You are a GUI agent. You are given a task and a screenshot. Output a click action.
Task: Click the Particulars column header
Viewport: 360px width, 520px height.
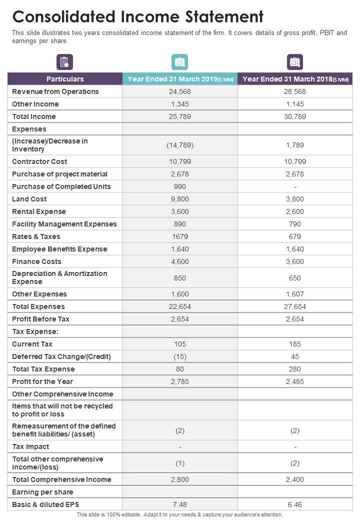point(65,79)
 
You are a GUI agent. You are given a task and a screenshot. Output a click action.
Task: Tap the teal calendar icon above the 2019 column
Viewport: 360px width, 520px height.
point(180,62)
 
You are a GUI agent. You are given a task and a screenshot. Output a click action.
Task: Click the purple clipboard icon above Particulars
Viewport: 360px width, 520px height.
point(65,62)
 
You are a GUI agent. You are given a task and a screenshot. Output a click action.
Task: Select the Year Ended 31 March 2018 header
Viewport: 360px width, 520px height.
point(295,79)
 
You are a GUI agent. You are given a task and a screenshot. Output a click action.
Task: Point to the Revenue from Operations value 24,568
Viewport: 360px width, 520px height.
point(180,91)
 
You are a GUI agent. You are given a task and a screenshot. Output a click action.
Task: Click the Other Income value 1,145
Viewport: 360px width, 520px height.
point(295,104)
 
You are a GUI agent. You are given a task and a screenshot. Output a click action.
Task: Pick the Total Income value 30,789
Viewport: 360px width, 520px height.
point(295,116)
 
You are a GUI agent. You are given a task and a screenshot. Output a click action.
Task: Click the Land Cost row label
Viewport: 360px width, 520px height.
point(29,199)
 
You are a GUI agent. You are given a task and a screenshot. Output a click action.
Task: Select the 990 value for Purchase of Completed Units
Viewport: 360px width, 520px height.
point(180,186)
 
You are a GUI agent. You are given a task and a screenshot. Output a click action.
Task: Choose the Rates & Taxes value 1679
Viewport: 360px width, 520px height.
point(180,236)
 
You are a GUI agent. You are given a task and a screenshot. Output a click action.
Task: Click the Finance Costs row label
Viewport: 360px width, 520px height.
point(36,261)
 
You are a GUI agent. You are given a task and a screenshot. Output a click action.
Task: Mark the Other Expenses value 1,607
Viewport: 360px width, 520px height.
point(295,294)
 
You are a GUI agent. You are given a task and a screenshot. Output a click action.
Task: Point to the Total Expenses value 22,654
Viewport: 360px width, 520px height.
point(180,306)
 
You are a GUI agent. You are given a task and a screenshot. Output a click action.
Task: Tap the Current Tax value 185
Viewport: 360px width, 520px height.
point(295,344)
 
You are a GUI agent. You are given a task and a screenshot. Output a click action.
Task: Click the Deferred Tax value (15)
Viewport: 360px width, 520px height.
point(180,356)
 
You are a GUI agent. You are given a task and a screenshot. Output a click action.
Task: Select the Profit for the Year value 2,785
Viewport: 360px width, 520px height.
point(180,381)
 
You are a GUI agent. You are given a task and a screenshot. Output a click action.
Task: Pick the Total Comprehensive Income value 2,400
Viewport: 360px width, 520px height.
point(295,479)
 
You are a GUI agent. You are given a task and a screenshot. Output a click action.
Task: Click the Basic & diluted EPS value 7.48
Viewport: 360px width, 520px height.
point(180,504)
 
